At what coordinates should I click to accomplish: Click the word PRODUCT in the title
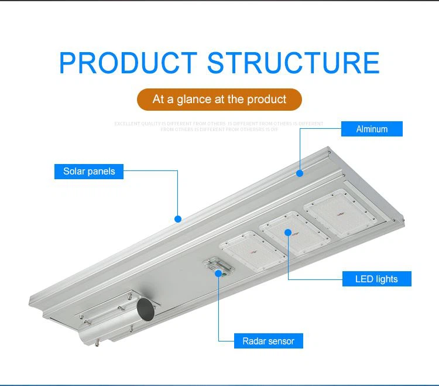click(128, 63)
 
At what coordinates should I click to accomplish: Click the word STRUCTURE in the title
click(293, 63)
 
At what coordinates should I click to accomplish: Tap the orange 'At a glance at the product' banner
click(220, 100)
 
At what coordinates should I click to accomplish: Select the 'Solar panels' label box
click(89, 172)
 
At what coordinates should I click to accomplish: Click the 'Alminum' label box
click(372, 129)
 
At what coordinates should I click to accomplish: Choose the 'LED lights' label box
click(376, 279)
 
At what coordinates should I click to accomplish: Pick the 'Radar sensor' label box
click(269, 341)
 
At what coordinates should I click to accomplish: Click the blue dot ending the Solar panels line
click(178, 219)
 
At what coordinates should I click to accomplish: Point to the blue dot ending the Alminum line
click(300, 173)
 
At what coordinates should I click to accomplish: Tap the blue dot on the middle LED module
click(288, 232)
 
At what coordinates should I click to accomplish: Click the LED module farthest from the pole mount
click(337, 211)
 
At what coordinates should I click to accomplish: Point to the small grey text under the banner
click(220, 127)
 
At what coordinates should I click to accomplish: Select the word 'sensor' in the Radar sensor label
click(281, 341)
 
